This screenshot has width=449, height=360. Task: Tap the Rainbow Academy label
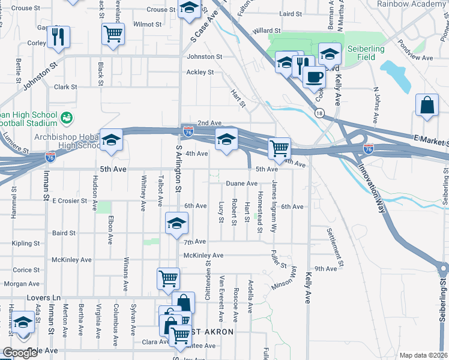[x=411, y=4]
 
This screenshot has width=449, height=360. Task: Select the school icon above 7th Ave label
[x=176, y=223]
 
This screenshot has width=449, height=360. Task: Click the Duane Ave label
[x=241, y=184]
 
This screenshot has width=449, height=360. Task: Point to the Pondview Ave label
[x=419, y=58]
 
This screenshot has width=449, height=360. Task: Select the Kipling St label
[x=26, y=244]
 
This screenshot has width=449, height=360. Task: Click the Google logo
[x=20, y=353]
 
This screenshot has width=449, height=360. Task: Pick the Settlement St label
[x=336, y=247]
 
